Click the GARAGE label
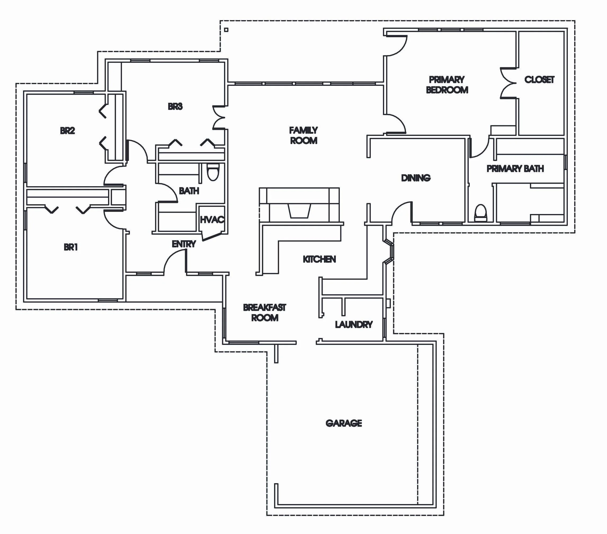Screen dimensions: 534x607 343,423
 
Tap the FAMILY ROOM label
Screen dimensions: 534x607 304,135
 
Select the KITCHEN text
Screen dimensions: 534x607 319,259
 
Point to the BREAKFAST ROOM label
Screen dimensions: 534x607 265,313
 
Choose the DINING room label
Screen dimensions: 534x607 416,178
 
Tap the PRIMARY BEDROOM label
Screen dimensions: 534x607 447,85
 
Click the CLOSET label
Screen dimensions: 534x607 539,79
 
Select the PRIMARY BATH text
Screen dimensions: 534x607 515,169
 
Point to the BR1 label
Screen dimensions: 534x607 71,247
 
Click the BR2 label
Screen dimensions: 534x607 68,130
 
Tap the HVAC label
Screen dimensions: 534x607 212,220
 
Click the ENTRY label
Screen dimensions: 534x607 184,244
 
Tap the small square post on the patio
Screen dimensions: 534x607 226,30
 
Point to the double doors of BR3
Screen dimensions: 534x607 219,118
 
